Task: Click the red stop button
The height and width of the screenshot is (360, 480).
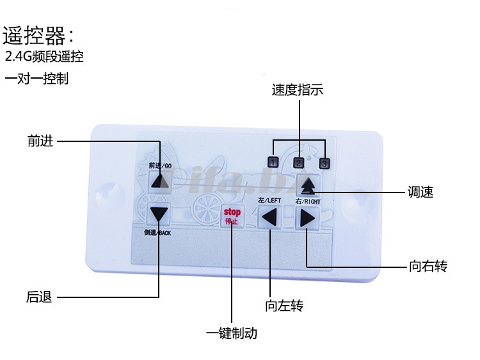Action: coord(232,216)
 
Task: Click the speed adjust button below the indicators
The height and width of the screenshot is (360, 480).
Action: coord(308,185)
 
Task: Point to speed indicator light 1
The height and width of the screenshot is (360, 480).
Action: coord(273,162)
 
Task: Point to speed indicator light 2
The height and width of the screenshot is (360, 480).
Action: coord(300,162)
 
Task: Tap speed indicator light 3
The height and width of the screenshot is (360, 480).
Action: coord(324,162)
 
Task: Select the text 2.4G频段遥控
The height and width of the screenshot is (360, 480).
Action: coord(44,57)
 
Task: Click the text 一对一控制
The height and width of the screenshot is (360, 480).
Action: coord(36,79)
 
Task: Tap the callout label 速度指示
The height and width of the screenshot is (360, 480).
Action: coord(298,90)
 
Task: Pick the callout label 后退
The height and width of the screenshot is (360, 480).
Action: coord(39,297)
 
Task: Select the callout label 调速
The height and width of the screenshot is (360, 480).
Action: coord(420,192)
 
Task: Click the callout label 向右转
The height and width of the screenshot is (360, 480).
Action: coord(427,267)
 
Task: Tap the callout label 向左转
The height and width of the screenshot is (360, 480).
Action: coord(284,306)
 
